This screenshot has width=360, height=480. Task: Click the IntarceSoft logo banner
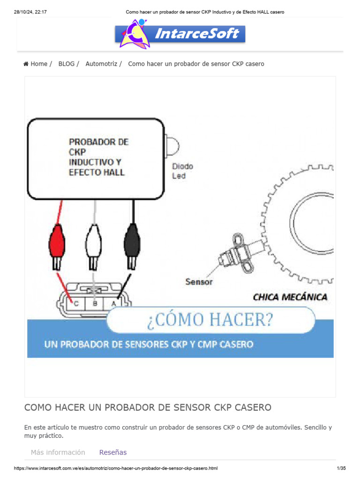click(180, 34)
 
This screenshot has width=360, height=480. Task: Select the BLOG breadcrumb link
click(67, 64)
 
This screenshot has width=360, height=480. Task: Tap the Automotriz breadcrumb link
click(101, 64)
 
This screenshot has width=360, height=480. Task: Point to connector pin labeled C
click(76, 303)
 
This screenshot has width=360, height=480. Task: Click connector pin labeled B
click(95, 303)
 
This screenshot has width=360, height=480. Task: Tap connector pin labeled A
click(113, 303)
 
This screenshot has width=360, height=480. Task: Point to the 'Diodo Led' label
click(182, 171)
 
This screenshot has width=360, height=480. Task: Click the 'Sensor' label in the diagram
click(199, 282)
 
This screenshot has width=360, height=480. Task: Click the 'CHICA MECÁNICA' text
click(290, 297)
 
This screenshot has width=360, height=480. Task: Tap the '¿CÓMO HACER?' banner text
click(210, 320)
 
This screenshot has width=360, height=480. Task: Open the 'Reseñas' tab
click(113, 452)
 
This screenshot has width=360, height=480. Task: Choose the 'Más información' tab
click(58, 452)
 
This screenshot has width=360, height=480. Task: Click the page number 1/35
click(341, 468)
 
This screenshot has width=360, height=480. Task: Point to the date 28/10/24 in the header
click(25, 12)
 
